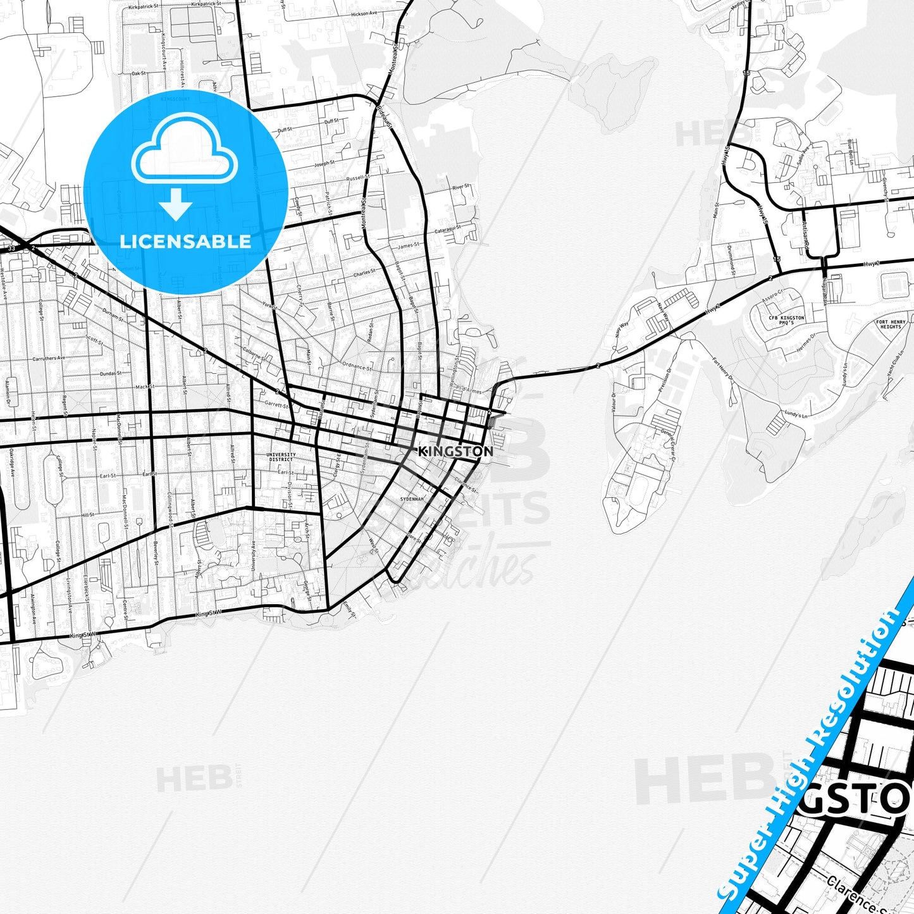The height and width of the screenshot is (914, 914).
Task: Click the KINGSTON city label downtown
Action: (455, 451)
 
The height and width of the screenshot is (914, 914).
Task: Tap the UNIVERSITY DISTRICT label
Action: (281, 457)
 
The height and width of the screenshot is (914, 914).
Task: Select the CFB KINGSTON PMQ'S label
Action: (786, 320)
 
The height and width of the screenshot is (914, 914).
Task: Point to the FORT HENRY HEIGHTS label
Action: (891, 324)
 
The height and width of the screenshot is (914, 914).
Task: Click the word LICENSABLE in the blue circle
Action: (185, 241)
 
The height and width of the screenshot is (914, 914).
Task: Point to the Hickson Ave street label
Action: (364, 13)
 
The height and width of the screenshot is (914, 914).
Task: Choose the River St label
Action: (460, 187)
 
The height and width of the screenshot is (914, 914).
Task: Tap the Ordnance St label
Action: (356, 365)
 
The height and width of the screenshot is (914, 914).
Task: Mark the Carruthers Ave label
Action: (49, 359)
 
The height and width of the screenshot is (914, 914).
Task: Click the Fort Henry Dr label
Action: (722, 370)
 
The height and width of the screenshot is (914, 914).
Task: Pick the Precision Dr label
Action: (665, 379)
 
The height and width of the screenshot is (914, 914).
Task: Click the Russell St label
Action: (357, 178)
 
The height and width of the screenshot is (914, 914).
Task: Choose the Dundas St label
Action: (110, 373)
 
